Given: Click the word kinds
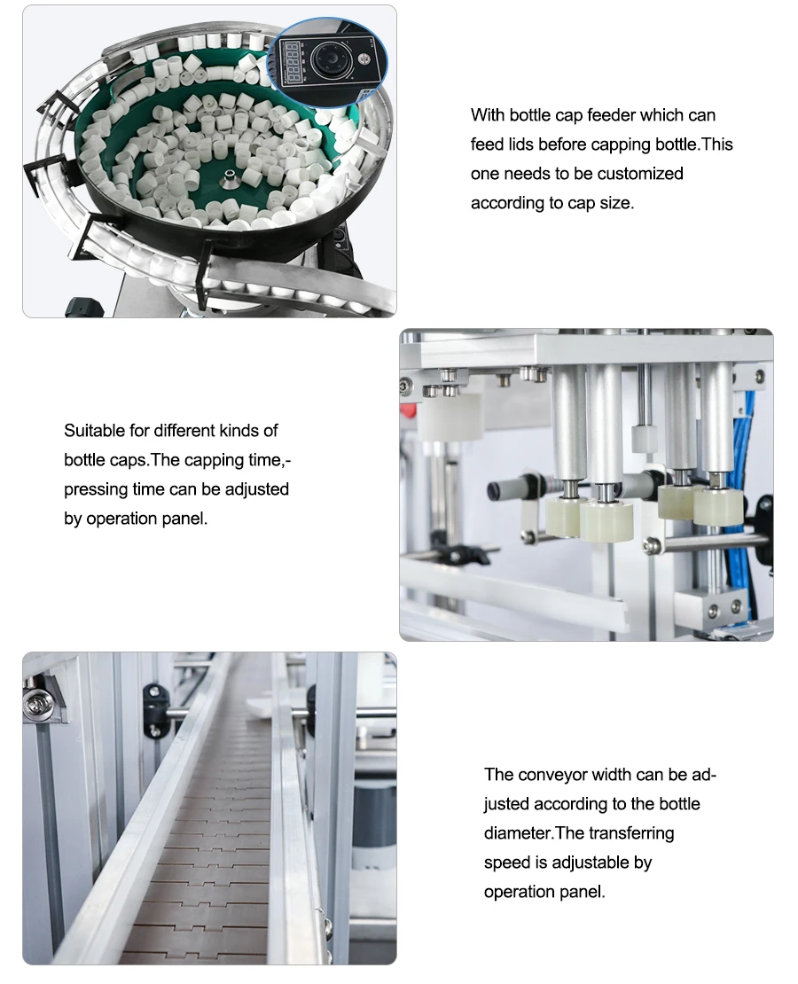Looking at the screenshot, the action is tap(240, 431).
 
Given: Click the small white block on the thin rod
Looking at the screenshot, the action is tap(643, 438).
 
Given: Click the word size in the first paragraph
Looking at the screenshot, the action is tap(616, 204).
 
